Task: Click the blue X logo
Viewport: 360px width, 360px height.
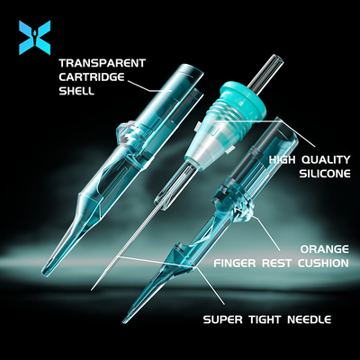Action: pyautogui.click(x=34, y=38)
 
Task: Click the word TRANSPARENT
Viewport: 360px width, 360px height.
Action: pyautogui.click(x=103, y=63)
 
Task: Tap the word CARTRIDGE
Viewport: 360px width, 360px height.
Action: pyautogui.click(x=92, y=77)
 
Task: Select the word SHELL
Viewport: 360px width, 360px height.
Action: pyautogui.click(x=76, y=91)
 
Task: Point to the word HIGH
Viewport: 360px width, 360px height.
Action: pyautogui.click(x=283, y=159)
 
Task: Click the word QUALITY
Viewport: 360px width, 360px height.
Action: pyautogui.click(x=326, y=159)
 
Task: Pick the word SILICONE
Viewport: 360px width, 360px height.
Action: pyautogui.click(x=325, y=174)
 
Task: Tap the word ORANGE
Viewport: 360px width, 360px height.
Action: pyautogui.click(x=325, y=249)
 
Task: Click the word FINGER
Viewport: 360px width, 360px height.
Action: pyautogui.click(x=235, y=263)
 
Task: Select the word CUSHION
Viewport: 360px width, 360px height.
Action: pyautogui.click(x=323, y=263)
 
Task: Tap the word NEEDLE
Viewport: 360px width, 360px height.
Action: pyautogui.click(x=310, y=319)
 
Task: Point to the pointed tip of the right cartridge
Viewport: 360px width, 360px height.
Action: pyautogui.click(x=125, y=321)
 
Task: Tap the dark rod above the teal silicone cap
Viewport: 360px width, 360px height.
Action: pyautogui.click(x=266, y=71)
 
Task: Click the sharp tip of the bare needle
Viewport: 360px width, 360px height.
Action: pyautogui.click(x=93, y=290)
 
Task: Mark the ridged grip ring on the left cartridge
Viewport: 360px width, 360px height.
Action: pyautogui.click(x=133, y=133)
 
